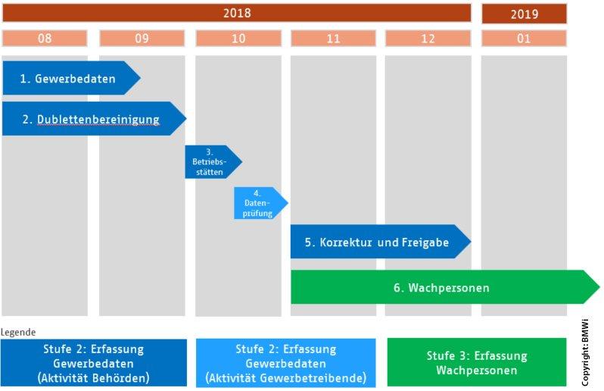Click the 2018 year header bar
[x=236, y=14]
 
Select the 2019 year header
[x=524, y=14]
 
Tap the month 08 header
[x=45, y=39]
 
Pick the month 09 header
[x=142, y=39]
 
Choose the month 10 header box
[x=238, y=39]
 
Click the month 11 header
[x=334, y=39]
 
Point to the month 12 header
[x=428, y=39]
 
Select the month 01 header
[x=524, y=39]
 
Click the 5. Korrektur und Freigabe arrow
[x=378, y=242]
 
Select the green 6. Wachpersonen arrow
[x=443, y=288]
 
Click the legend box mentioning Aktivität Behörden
[x=93, y=363]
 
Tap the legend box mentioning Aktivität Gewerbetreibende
[x=285, y=363]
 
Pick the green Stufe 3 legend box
[x=476, y=363]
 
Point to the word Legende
[x=18, y=332]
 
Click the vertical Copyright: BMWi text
[x=585, y=352]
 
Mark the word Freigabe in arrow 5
[x=424, y=242]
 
